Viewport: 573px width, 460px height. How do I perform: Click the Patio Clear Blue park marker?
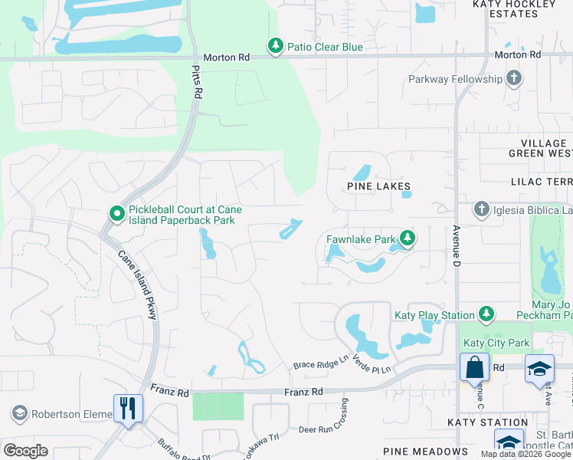coord(275,47)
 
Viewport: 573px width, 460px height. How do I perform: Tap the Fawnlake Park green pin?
coord(408,239)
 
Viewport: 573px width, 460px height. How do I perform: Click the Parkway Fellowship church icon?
coord(513,79)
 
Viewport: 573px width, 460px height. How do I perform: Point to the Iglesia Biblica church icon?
coord(481,209)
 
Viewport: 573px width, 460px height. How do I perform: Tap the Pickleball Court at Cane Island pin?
coord(116,214)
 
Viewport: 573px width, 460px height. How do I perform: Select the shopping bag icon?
coord(474,366)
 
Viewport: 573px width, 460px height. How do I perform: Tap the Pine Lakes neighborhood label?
coord(378,186)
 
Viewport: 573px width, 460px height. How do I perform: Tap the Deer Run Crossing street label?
coord(329,429)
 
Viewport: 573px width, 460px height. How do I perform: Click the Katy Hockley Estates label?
coord(513,8)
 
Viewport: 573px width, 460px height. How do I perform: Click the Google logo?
coord(25,451)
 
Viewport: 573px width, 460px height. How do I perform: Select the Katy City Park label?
coord(496,343)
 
